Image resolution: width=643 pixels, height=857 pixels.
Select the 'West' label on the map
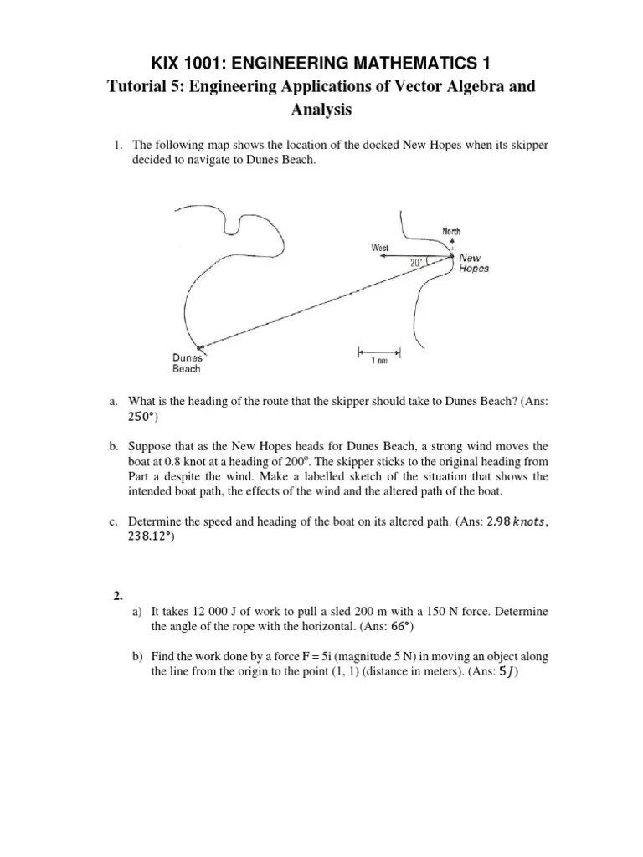[x=381, y=248]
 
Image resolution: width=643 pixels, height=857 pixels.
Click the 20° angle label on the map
[x=417, y=262]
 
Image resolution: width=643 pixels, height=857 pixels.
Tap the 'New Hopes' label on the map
[x=474, y=264]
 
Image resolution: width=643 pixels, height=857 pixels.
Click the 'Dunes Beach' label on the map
[x=188, y=362]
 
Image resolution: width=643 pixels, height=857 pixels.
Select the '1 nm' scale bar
[x=378, y=352]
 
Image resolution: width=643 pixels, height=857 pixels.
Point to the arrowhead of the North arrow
[x=450, y=239]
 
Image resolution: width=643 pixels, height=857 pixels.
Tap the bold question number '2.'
[x=118, y=596]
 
